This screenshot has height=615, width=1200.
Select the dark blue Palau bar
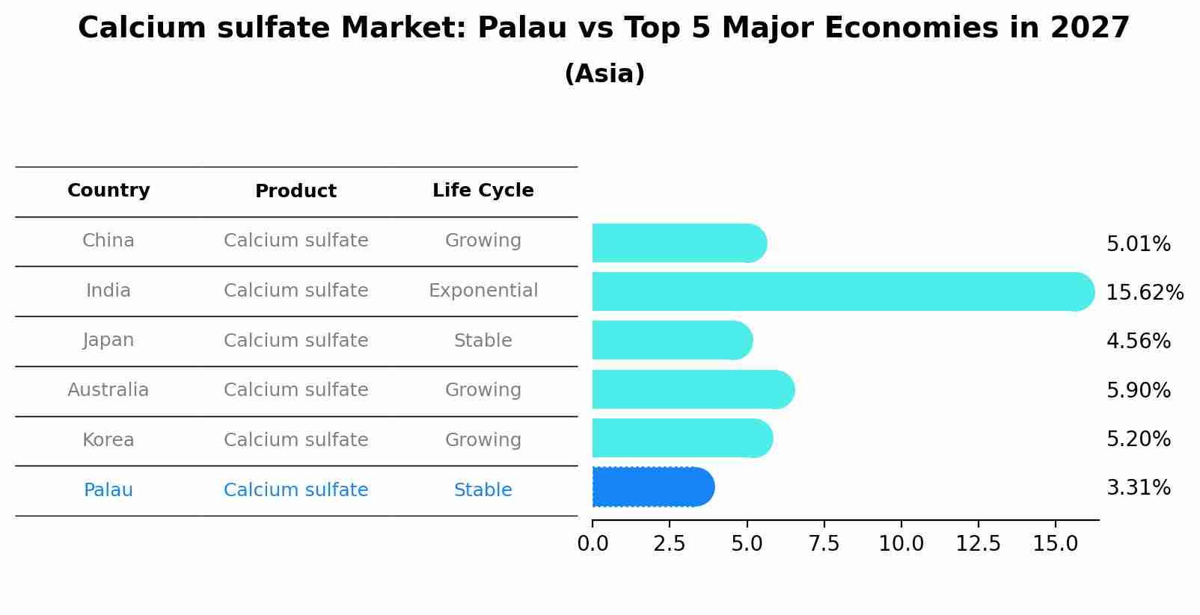coord(652,487)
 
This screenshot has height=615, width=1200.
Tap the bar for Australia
coord(692,389)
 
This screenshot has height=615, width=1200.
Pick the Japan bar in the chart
coord(671,340)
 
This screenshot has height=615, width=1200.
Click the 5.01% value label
coord(1138,244)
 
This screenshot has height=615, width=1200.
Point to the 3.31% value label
coord(1138,488)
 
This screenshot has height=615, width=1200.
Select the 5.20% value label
coord(1138,439)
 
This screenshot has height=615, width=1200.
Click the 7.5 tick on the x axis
coord(824,544)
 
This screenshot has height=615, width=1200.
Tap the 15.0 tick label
coord(1055,544)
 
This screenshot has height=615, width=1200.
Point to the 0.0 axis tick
coord(593,544)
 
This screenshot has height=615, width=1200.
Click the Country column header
coord(108,191)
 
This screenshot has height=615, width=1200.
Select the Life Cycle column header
coord(483,191)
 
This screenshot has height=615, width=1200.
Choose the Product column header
coord(296,191)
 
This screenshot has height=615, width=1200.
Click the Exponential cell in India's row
coord(483,291)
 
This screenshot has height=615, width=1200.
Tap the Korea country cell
coord(108,440)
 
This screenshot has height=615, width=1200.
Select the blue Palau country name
coord(108,490)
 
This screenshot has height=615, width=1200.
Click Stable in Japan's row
coord(483,341)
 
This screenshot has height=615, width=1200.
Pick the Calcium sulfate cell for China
coord(296,241)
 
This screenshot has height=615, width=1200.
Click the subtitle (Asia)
coord(604,74)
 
